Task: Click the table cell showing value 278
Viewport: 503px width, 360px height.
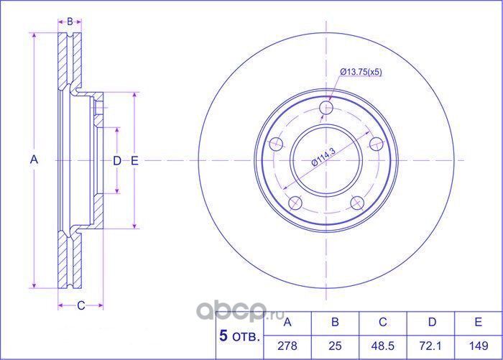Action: point(287,346)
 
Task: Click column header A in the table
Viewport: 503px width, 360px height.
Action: point(287,321)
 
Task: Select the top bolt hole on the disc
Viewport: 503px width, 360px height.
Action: point(327,108)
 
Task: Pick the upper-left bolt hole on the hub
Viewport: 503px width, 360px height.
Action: point(275,145)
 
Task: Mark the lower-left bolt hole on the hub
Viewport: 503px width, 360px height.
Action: point(294,203)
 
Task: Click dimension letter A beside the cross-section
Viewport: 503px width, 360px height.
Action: point(34,160)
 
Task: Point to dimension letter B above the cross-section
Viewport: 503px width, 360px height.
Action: point(70,21)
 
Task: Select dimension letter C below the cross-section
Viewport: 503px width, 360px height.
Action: point(80,305)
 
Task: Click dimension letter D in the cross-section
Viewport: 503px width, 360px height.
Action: point(117,161)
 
